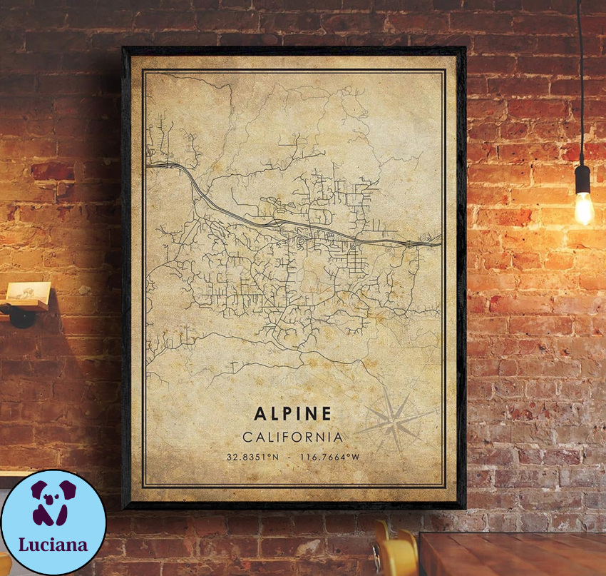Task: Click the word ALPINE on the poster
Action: click(x=292, y=414)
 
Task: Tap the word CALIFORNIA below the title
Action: click(x=292, y=437)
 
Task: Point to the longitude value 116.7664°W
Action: click(x=329, y=457)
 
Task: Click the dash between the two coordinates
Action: click(x=289, y=457)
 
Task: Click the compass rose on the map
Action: click(x=394, y=420)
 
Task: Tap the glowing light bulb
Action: click(x=584, y=207)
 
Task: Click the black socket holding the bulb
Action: click(x=582, y=178)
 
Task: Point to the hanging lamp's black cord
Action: click(x=580, y=86)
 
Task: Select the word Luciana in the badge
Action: click(x=53, y=545)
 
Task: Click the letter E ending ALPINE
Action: click(x=326, y=414)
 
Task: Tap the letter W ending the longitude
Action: click(x=356, y=457)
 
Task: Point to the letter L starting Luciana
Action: click(x=24, y=545)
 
